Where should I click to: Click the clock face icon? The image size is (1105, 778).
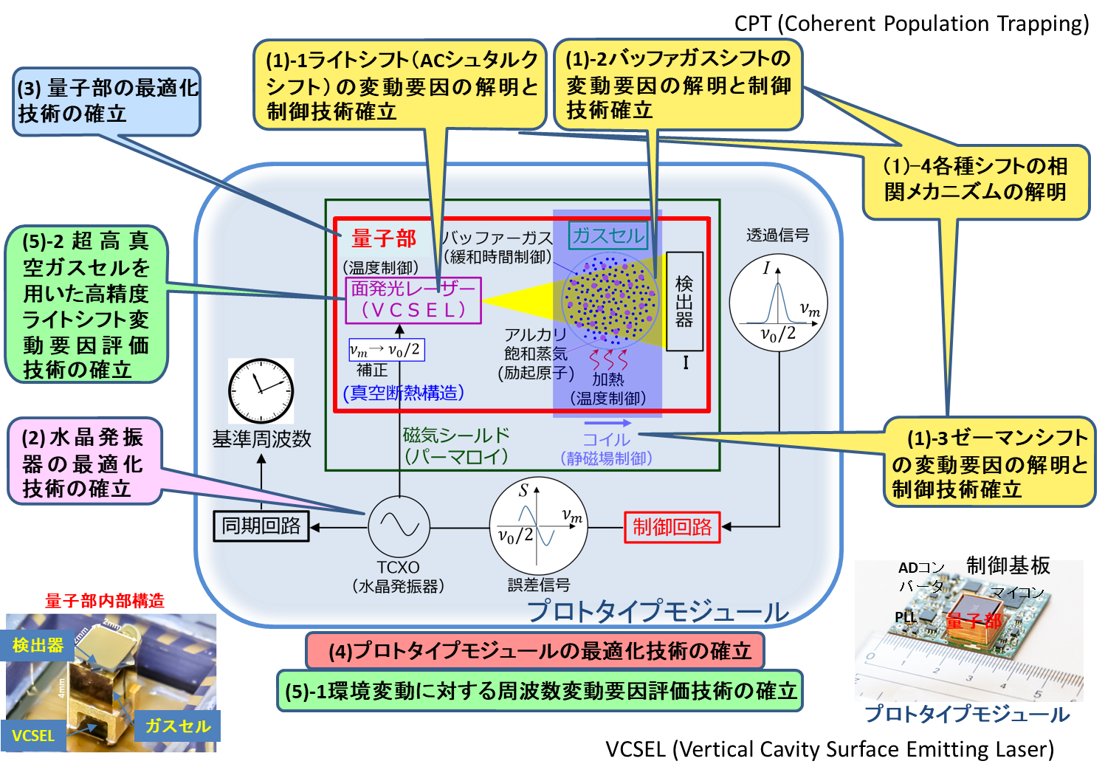(x=261, y=390)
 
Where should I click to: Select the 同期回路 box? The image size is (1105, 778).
(x=261, y=526)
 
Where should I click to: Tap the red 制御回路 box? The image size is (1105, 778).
(x=672, y=527)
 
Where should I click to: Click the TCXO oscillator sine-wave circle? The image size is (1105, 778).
(x=399, y=526)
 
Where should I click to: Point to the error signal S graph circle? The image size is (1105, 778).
(x=539, y=526)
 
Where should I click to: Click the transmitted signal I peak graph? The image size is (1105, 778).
(x=778, y=303)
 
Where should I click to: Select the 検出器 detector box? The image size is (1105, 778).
(x=684, y=301)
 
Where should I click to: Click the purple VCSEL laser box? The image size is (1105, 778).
(x=413, y=300)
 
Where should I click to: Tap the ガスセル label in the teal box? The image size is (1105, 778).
(x=609, y=235)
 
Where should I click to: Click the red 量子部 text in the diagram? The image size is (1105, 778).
(x=384, y=238)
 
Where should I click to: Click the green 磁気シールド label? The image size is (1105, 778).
(x=456, y=446)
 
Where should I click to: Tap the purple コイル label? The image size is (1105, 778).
(x=607, y=440)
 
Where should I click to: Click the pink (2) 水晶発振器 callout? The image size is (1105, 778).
(x=83, y=463)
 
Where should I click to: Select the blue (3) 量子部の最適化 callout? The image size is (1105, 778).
(x=107, y=101)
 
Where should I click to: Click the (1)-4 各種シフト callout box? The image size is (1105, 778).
(x=975, y=179)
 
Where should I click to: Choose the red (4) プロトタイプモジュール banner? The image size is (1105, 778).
(x=535, y=651)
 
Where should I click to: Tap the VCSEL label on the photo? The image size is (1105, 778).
(x=33, y=736)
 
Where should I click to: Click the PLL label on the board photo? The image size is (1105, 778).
(x=905, y=617)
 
